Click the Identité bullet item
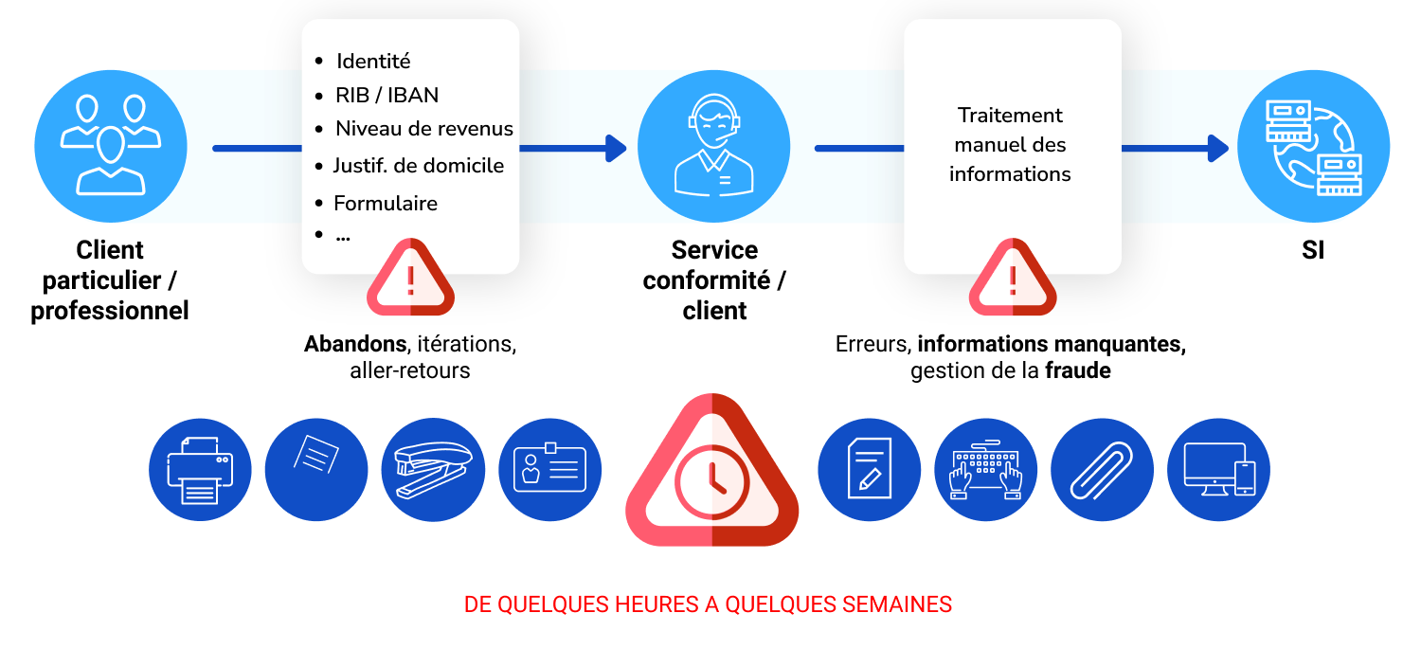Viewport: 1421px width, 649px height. pos(373,61)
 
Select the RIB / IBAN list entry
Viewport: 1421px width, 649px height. pos(387,95)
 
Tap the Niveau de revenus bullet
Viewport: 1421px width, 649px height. pos(423,129)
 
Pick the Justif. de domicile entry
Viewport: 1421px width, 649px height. pos(419,166)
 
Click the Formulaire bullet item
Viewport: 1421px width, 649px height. pos(386,203)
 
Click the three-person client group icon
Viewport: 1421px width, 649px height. pos(111,146)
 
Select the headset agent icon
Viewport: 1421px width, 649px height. pos(713,146)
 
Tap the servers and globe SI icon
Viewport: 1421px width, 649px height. pos(1313,146)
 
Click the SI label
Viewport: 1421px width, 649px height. pos(1313,250)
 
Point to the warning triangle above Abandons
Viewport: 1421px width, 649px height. pos(410,278)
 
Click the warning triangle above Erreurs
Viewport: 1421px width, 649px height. pos(1013,278)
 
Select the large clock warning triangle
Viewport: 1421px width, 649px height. pos(711,470)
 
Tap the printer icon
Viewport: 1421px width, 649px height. pos(200,470)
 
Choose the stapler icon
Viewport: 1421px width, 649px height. pos(433,470)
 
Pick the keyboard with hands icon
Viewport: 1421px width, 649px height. pos(986,470)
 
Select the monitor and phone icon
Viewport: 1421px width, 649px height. pos(1218,470)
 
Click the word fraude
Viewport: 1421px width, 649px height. pos(1078,370)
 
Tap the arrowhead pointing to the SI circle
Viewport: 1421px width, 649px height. pos(1218,149)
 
